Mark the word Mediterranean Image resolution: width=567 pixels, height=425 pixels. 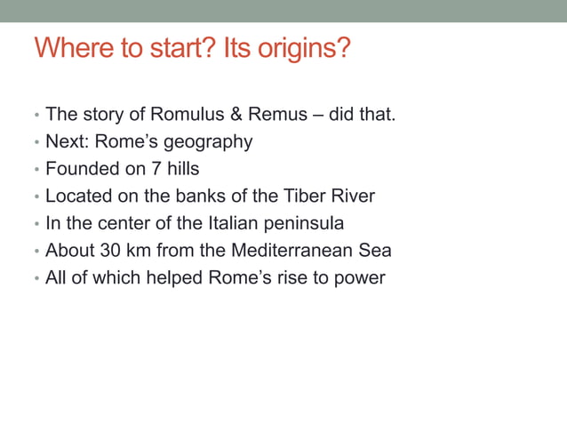click(283, 251)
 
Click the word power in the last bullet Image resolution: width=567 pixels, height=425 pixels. click(360, 278)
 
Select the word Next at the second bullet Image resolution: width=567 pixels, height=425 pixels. click(64, 142)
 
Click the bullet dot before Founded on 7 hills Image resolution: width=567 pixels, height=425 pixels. click(36, 170)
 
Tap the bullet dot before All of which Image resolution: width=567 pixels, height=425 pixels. click(36, 279)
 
